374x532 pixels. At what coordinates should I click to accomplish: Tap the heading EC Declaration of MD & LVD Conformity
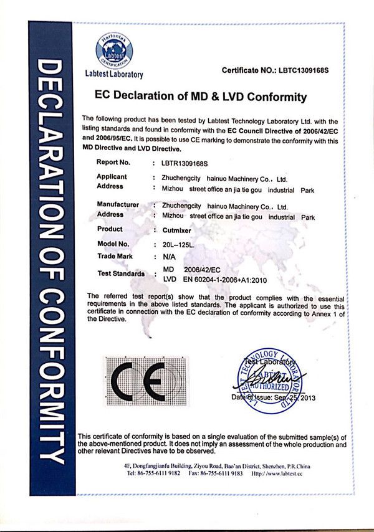coord(200,97)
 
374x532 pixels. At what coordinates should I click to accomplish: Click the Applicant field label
coord(112,177)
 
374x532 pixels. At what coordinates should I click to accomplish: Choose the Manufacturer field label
coord(118,204)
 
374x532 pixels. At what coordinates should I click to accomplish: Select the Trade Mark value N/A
coord(168,256)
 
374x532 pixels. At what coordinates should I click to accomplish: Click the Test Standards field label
coord(122,273)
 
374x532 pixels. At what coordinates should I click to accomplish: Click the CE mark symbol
coord(146,379)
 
